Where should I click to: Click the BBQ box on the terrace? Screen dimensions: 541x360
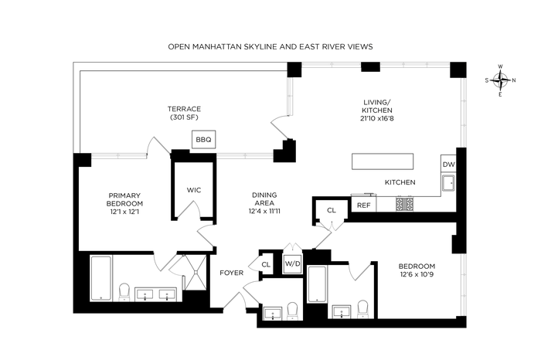pyautogui.click(x=203, y=139)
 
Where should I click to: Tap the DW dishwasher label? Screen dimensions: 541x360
pyautogui.click(x=448, y=165)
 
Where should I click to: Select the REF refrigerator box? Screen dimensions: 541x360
pyautogui.click(x=364, y=205)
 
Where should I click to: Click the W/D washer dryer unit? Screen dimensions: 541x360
pyautogui.click(x=293, y=263)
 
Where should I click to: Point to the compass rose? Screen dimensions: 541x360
pyautogui.click(x=500, y=80)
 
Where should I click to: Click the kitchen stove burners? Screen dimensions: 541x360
pyautogui.click(x=405, y=204)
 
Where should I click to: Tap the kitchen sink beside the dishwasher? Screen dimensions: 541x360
pyautogui.click(x=448, y=182)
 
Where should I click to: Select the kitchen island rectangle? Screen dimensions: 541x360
pyautogui.click(x=383, y=161)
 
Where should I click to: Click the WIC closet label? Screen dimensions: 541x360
pyautogui.click(x=194, y=190)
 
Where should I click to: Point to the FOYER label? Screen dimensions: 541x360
pyautogui.click(x=232, y=273)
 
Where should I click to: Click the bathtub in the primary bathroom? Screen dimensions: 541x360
pyautogui.click(x=100, y=278)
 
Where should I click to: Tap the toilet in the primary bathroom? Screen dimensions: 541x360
pyautogui.click(x=124, y=292)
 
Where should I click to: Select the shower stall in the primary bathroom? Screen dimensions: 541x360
pyautogui.click(x=194, y=273)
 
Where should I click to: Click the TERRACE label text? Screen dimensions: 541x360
pyautogui.click(x=184, y=109)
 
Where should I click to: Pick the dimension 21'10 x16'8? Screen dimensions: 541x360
pyautogui.click(x=377, y=118)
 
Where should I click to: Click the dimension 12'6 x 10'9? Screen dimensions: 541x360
pyautogui.click(x=417, y=275)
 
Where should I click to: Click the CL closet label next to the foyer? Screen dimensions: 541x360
pyautogui.click(x=266, y=264)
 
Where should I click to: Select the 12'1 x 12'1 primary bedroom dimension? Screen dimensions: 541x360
pyautogui.click(x=124, y=212)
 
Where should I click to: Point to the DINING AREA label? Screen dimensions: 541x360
pyautogui.click(x=264, y=199)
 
